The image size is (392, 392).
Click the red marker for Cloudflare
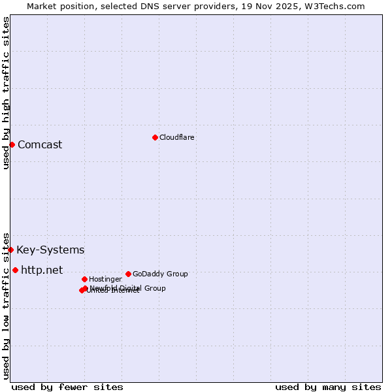(x=155, y=137)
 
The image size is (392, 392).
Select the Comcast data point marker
(x=12, y=144)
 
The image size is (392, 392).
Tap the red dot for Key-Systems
(x=10, y=250)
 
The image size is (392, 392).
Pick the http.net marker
(x=15, y=270)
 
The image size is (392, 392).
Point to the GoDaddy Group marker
(x=128, y=274)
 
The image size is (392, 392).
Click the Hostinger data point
(x=84, y=279)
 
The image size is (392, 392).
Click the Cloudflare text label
(x=177, y=137)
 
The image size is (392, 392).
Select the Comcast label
(x=40, y=144)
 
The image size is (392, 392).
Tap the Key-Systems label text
(x=50, y=250)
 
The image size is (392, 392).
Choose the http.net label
(x=42, y=270)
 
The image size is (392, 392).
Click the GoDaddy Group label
(x=160, y=274)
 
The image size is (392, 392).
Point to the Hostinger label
(x=105, y=279)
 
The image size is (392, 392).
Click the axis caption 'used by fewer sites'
(x=67, y=387)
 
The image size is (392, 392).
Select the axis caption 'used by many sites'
(x=328, y=387)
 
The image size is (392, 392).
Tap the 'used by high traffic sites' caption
(x=6, y=93)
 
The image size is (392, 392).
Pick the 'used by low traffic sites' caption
(x=6, y=305)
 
